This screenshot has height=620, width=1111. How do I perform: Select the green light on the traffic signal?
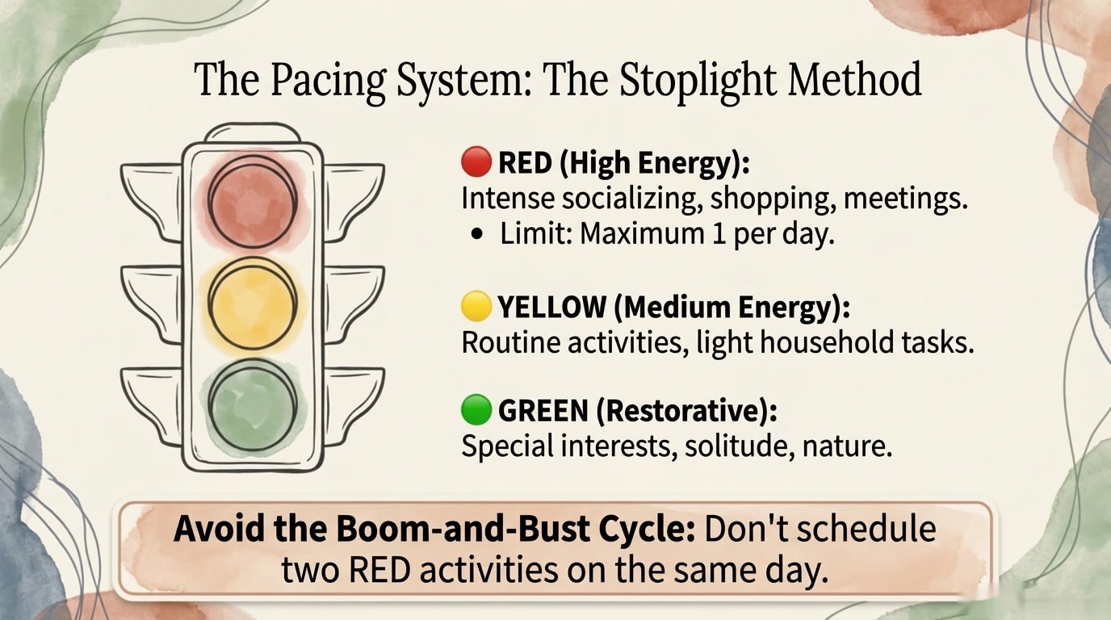pos(252,403)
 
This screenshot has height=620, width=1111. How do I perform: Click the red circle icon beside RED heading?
pos(476,161)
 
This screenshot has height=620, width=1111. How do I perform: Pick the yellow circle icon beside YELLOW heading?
pos(476,306)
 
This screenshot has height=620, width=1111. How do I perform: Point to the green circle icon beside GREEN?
pos(476,410)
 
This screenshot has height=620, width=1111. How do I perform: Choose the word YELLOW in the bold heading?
pos(551,307)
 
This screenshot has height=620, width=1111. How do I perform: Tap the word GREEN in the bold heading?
pos(543,411)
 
